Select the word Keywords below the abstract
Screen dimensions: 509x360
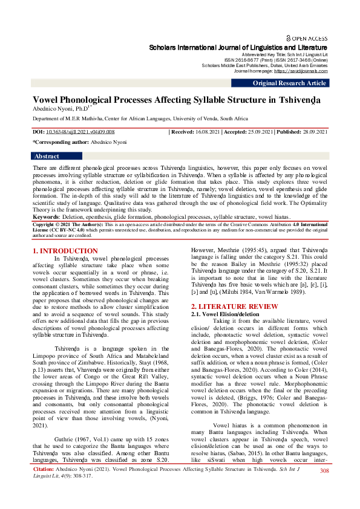46,216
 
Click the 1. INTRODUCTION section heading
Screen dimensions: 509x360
65,250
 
